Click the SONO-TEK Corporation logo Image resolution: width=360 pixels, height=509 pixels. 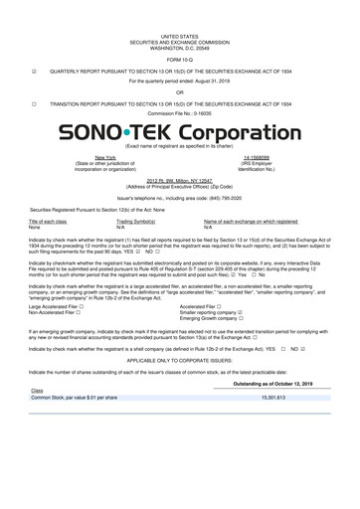click(x=179, y=132)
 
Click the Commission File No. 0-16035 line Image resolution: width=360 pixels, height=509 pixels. click(x=179, y=112)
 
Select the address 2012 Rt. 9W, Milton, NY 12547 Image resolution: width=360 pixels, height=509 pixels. click(x=179, y=179)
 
